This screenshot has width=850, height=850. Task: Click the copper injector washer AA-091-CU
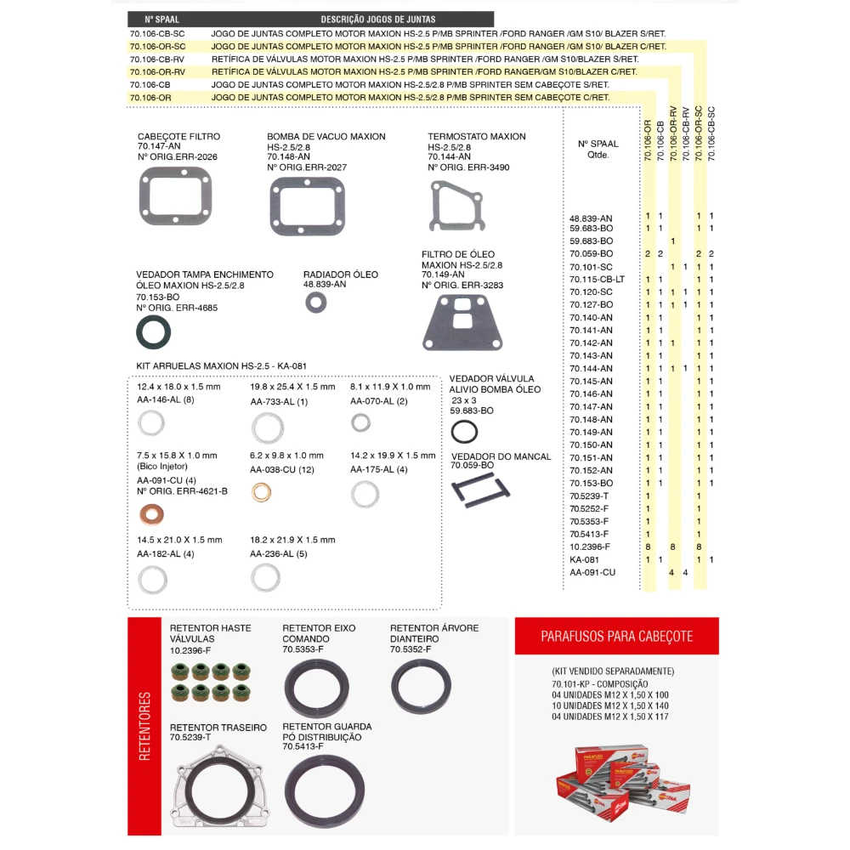(x=153, y=514)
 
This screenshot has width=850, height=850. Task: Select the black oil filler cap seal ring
(x=154, y=332)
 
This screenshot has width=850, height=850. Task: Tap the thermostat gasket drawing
(x=457, y=207)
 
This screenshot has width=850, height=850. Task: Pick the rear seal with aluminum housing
(x=220, y=787)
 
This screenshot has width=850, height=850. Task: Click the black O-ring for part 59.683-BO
(x=464, y=432)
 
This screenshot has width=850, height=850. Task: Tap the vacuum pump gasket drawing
(x=307, y=207)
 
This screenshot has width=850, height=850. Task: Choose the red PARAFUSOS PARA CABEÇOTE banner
(x=616, y=636)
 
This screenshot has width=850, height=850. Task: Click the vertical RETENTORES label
(x=144, y=726)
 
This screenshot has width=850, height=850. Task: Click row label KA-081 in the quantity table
(x=584, y=559)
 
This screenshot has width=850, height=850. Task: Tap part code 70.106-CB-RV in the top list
(x=157, y=59)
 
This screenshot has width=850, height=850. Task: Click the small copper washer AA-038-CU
(x=263, y=491)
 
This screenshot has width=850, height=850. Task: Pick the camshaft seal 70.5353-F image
(x=315, y=688)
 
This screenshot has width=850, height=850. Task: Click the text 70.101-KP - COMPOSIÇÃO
(x=599, y=684)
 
